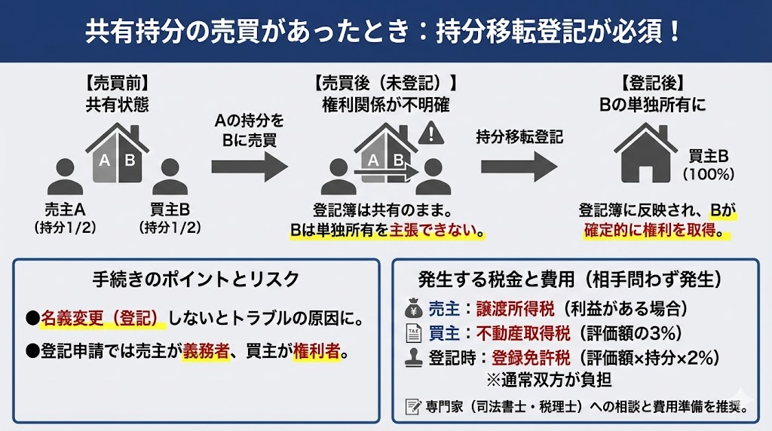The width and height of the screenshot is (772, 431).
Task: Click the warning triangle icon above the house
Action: click(x=430, y=133)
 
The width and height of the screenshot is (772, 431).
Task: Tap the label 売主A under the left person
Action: click(x=65, y=209)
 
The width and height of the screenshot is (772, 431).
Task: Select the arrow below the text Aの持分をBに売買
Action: click(x=250, y=167)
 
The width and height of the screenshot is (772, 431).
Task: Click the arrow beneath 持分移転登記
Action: click(x=519, y=167)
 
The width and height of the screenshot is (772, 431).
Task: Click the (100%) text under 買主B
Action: click(x=709, y=174)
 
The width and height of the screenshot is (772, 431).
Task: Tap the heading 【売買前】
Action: click(x=117, y=83)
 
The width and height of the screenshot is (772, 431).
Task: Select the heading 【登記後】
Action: click(x=652, y=83)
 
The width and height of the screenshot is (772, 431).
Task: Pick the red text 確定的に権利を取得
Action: click(x=650, y=230)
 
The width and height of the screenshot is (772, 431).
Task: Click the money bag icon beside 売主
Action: click(x=414, y=308)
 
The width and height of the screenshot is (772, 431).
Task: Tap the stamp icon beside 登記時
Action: click(x=414, y=358)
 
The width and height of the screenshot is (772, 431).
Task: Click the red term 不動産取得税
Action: click(x=523, y=333)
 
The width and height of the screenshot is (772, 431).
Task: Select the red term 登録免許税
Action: click(x=531, y=358)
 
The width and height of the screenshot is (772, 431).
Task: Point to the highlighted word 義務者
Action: click(x=207, y=351)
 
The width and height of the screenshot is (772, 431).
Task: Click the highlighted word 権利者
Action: click(x=317, y=351)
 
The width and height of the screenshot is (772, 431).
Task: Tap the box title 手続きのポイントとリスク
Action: click(x=196, y=280)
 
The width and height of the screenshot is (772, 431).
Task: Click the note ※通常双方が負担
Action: click(x=549, y=379)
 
